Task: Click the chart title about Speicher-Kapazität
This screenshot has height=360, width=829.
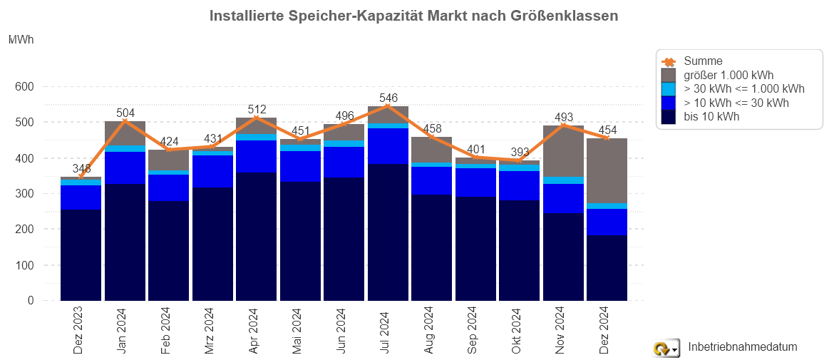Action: click(413, 15)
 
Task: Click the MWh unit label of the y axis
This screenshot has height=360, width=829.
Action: click(20, 41)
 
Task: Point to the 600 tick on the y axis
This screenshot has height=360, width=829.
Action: click(25, 87)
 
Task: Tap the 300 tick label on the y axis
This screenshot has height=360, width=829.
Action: click(25, 194)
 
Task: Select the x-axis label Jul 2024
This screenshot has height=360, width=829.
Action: click(385, 329)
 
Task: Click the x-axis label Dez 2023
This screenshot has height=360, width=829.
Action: click(78, 329)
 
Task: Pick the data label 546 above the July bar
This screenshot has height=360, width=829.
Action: click(388, 98)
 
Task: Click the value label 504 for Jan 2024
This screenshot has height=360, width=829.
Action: click(125, 112)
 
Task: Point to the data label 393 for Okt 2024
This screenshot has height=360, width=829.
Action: click(519, 152)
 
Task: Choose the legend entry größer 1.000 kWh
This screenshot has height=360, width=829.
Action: click(728, 75)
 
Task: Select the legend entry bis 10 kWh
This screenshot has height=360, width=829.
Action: click(711, 117)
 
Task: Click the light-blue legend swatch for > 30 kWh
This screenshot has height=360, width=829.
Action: click(669, 89)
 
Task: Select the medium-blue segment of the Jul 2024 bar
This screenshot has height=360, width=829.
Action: click(388, 146)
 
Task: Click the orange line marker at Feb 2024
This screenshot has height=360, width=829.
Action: click(168, 150)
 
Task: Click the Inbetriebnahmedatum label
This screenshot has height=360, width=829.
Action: click(742, 347)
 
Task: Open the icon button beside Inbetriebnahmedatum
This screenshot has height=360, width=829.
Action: click(665, 348)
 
